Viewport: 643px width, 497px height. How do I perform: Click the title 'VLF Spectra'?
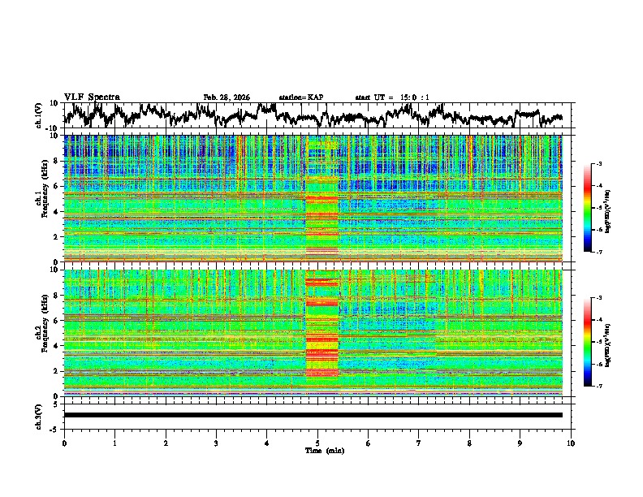pyautogui.click(x=92, y=97)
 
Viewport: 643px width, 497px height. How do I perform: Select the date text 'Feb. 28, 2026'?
pyautogui.click(x=227, y=97)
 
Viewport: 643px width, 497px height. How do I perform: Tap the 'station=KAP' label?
pyautogui.click(x=301, y=97)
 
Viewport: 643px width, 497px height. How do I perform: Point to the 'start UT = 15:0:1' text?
pyautogui.click(x=392, y=97)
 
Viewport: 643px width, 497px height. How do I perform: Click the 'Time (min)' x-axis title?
pyautogui.click(x=317, y=450)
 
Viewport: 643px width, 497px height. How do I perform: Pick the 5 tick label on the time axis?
pyautogui.click(x=317, y=443)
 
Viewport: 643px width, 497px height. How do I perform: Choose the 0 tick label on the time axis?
pyautogui.click(x=64, y=443)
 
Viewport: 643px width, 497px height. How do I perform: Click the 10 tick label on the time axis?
pyautogui.click(x=571, y=443)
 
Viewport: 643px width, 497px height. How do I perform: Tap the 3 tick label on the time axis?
pyautogui.click(x=216, y=443)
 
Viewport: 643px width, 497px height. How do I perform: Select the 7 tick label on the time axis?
pyautogui.click(x=419, y=443)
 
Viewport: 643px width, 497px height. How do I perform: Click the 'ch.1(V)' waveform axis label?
pyautogui.click(x=40, y=115)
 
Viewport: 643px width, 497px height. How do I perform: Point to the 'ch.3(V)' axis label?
pyautogui.click(x=40, y=415)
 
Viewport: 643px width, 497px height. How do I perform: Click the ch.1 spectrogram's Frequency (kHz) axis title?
pyautogui.click(x=41, y=198)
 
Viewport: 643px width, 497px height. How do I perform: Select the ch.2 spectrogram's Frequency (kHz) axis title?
pyautogui.click(x=41, y=331)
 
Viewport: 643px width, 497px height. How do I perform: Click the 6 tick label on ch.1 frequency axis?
pyautogui.click(x=57, y=186)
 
